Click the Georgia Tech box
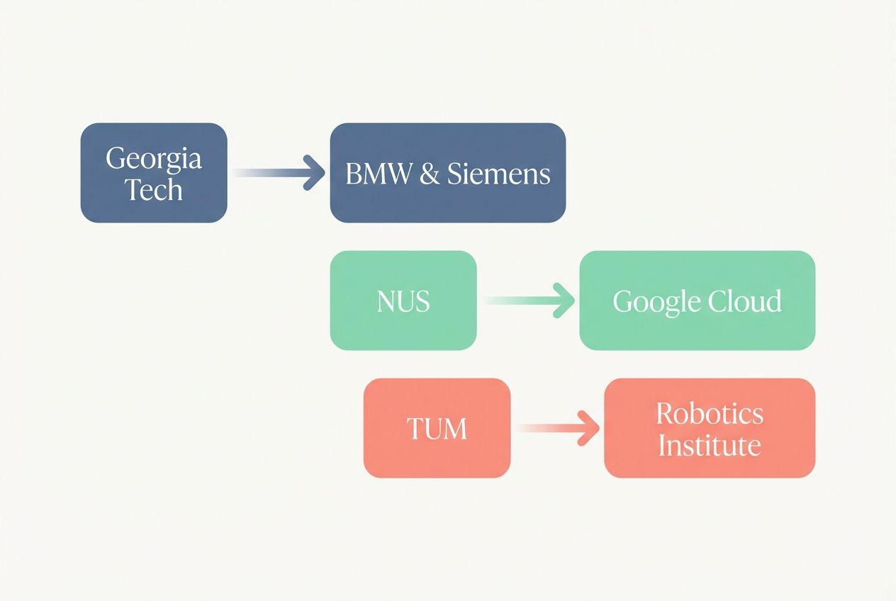click(x=154, y=172)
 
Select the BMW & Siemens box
click(x=447, y=172)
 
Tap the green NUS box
click(x=403, y=300)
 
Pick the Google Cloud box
click(x=697, y=300)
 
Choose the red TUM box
click(x=437, y=428)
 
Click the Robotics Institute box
click(x=709, y=428)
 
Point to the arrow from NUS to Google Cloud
click(x=528, y=300)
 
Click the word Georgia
click(x=154, y=158)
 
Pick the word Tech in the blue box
click(x=154, y=189)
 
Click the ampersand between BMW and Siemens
click(x=429, y=174)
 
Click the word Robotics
click(x=709, y=412)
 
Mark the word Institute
click(x=709, y=445)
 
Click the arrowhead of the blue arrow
click(x=313, y=173)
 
